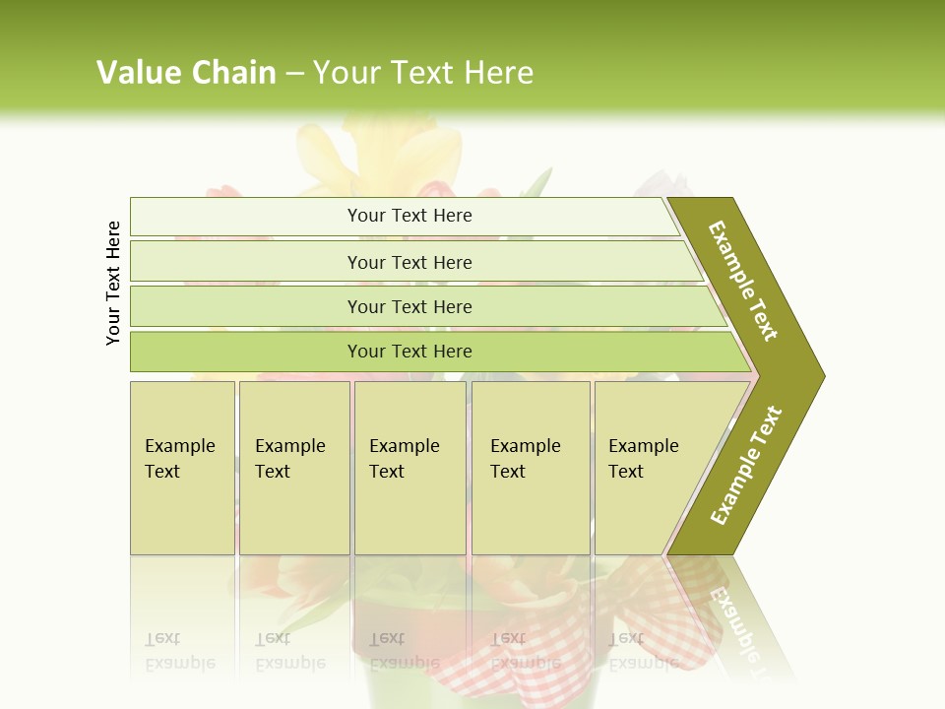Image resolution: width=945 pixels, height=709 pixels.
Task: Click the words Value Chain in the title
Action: (x=186, y=73)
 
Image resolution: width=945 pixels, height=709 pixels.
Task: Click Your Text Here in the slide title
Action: (x=423, y=73)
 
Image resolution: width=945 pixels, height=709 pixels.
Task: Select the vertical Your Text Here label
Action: (x=113, y=283)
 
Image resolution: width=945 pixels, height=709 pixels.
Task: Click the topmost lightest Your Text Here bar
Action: (x=409, y=216)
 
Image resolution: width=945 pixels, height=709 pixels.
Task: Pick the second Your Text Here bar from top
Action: (x=409, y=262)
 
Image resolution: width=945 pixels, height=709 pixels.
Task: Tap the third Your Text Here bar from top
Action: (x=409, y=306)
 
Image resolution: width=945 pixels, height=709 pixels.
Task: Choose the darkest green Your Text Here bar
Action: (x=409, y=352)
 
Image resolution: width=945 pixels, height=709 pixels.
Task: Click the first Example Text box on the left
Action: (x=182, y=468)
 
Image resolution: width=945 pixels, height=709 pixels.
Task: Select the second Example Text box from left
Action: (x=293, y=468)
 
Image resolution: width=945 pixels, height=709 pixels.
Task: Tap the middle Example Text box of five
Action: (x=409, y=468)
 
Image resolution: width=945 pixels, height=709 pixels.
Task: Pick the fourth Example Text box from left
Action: (x=531, y=468)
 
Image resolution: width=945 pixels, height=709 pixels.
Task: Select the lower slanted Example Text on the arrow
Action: (x=746, y=465)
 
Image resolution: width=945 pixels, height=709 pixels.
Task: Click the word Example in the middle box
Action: (x=404, y=446)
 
